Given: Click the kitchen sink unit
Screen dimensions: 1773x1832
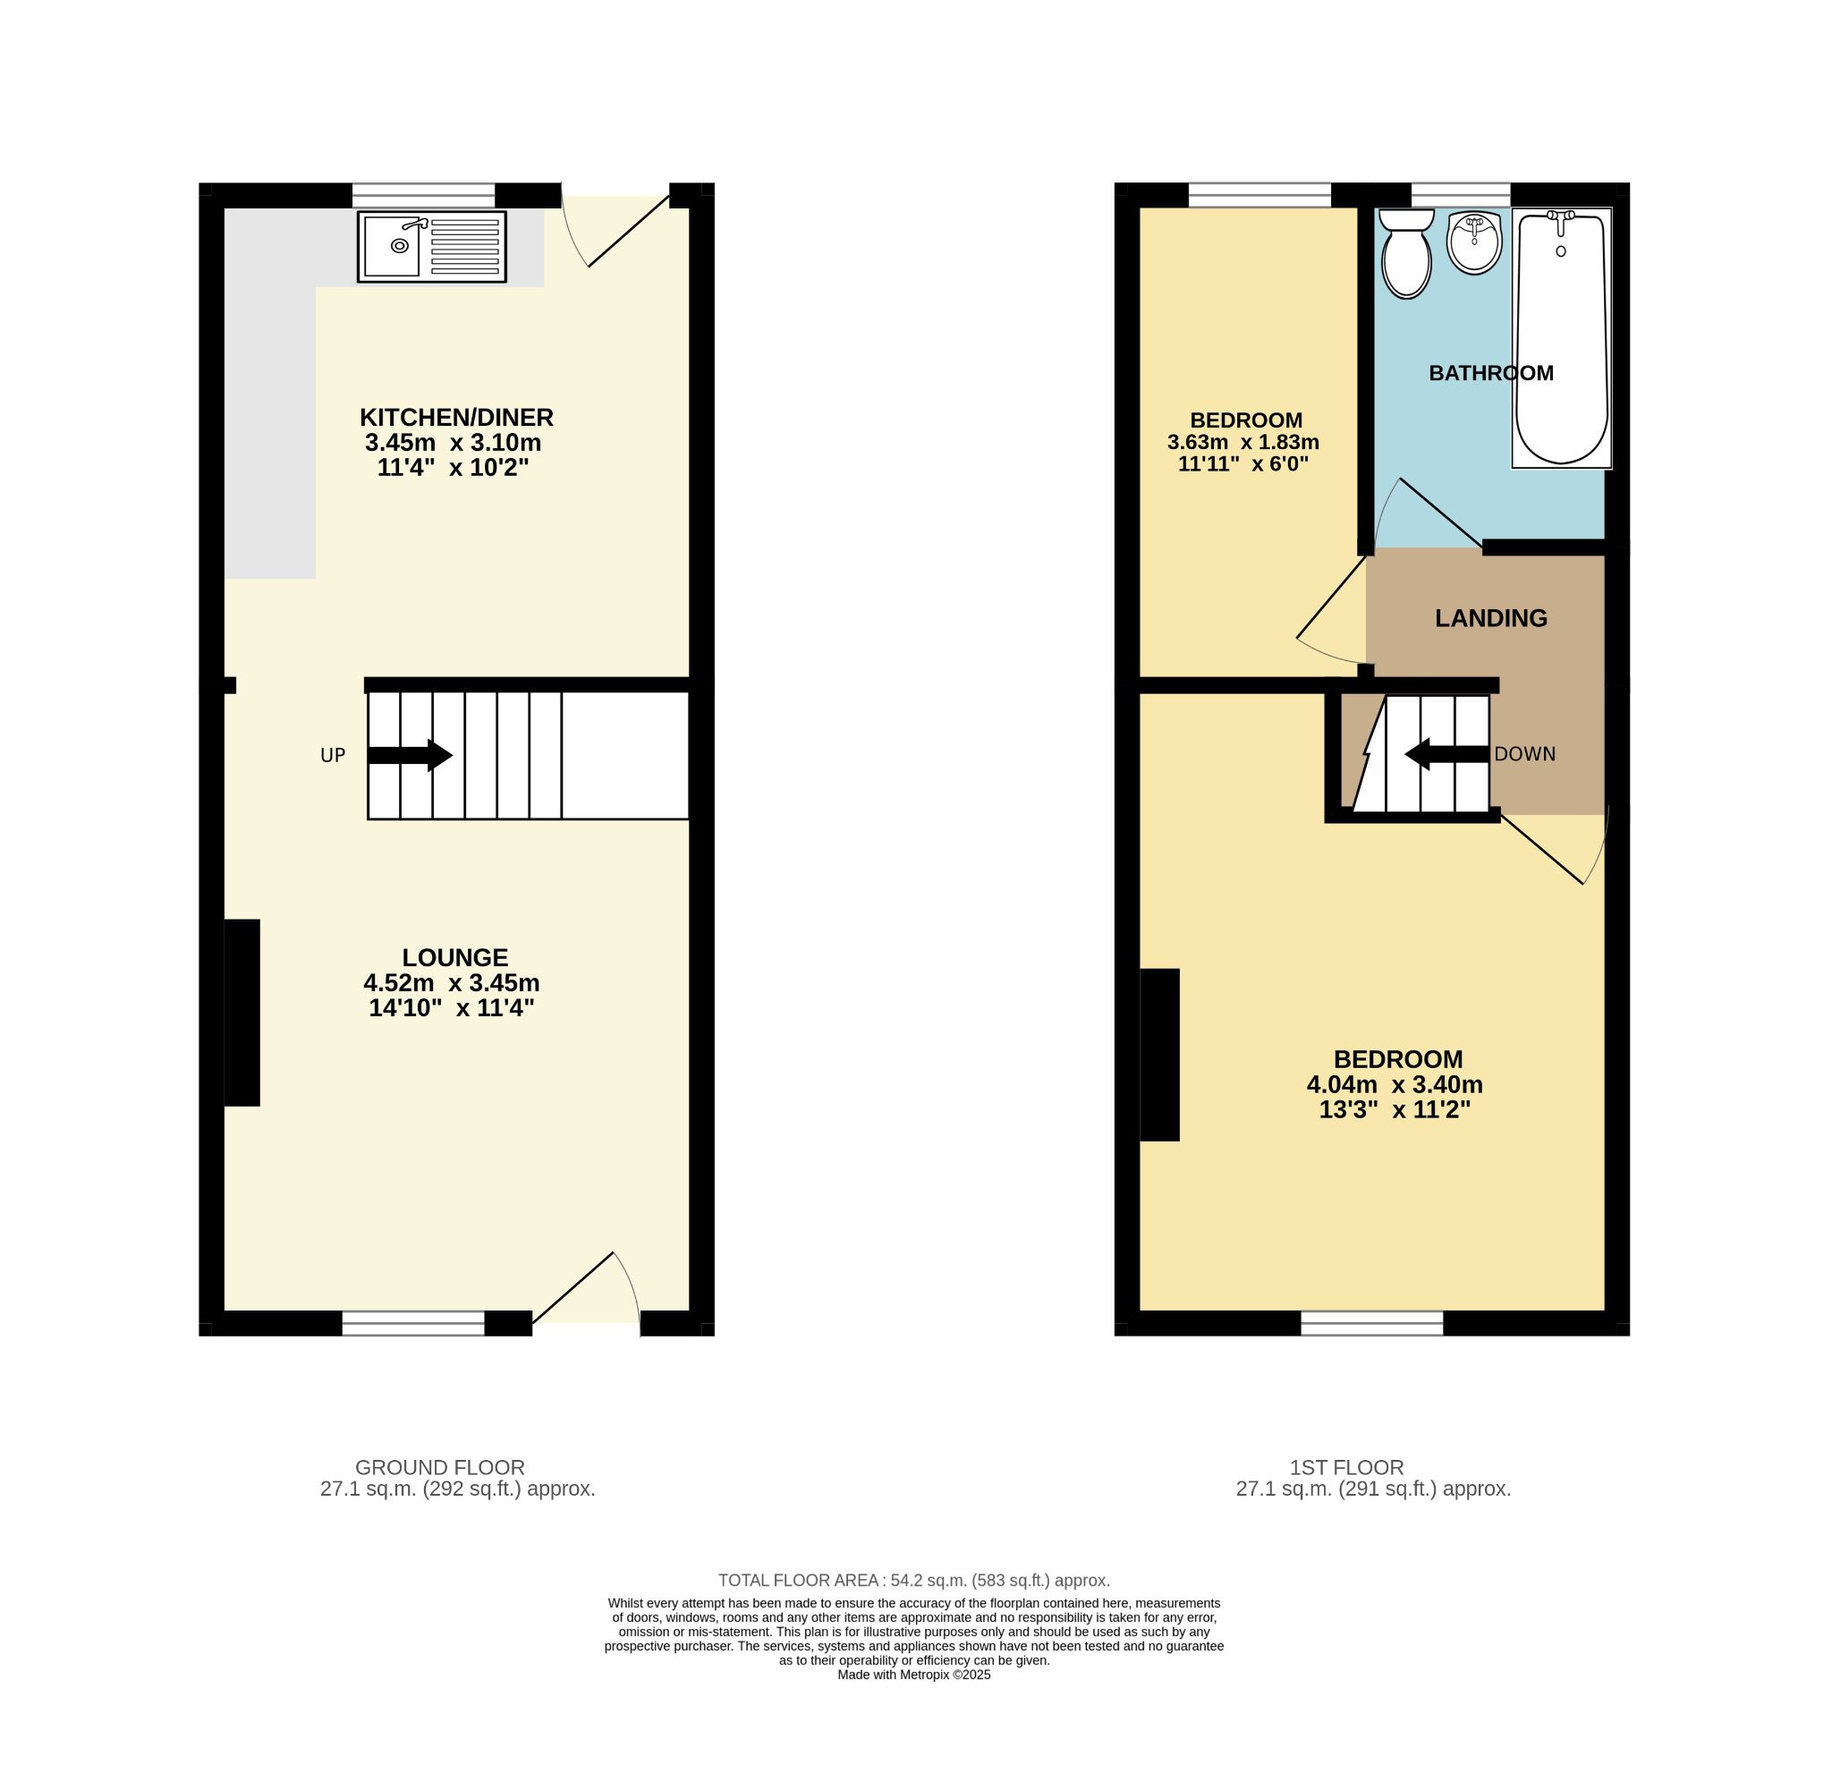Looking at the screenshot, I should point(432,247).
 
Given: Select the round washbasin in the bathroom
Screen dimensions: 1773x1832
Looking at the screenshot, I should point(1474,244).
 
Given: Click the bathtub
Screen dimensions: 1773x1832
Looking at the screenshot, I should point(1561,338).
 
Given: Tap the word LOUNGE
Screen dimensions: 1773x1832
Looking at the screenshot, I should point(455,957).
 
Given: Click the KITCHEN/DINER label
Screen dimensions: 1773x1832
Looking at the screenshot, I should point(457,417).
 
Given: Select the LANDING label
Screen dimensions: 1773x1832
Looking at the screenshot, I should point(1491,619).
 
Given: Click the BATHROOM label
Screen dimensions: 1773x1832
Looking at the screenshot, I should point(1491,374).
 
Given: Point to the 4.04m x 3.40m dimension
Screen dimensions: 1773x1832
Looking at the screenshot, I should point(1395,1085).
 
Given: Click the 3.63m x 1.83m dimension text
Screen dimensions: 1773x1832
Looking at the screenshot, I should point(1243,442).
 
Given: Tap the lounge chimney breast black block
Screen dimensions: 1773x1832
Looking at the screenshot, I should point(242,1014).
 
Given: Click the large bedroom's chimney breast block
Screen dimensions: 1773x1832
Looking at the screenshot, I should point(1159,1056).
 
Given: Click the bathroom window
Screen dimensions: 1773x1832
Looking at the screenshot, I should point(1460,194).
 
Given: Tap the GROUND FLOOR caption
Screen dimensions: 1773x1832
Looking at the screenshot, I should point(440,1468).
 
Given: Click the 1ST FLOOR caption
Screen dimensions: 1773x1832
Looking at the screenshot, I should point(1347,1468).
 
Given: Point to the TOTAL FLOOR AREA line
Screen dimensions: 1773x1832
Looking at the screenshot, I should point(913,1581).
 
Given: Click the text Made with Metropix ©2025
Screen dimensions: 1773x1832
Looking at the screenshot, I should point(913,1675).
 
